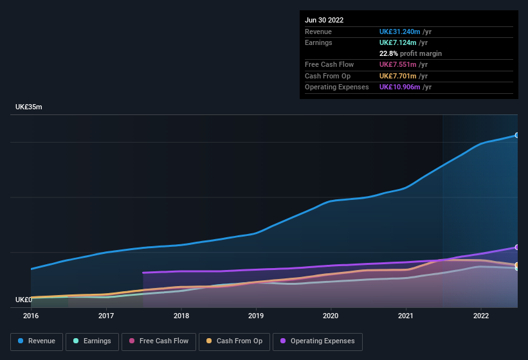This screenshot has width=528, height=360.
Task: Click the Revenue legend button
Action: [x=37, y=341]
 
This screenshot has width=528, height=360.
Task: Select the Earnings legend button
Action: [x=92, y=341]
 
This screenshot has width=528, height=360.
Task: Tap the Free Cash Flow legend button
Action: [x=159, y=341]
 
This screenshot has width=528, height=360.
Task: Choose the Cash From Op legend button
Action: [x=234, y=341]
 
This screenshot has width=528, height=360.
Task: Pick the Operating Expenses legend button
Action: [x=318, y=341]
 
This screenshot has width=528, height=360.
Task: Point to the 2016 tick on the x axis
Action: [x=31, y=316]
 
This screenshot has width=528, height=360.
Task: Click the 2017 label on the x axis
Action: [x=106, y=316]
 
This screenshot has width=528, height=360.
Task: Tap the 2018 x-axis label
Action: [x=181, y=316]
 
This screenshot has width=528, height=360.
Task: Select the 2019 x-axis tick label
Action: [x=256, y=316]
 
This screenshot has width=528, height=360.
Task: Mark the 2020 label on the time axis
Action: [x=331, y=316]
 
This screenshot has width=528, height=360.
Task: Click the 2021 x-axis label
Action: [x=406, y=316]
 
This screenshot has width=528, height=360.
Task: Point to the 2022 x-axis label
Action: [x=481, y=316]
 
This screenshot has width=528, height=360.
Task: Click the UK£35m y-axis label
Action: [x=29, y=107]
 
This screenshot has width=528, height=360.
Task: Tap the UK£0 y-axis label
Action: [x=24, y=300]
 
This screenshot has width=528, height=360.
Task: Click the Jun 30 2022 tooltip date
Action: [x=324, y=20]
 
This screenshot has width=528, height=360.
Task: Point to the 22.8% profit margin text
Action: [x=410, y=53]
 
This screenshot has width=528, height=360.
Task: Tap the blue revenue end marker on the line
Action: [x=516, y=136]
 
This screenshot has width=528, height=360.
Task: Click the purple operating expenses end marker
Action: [x=516, y=247]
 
